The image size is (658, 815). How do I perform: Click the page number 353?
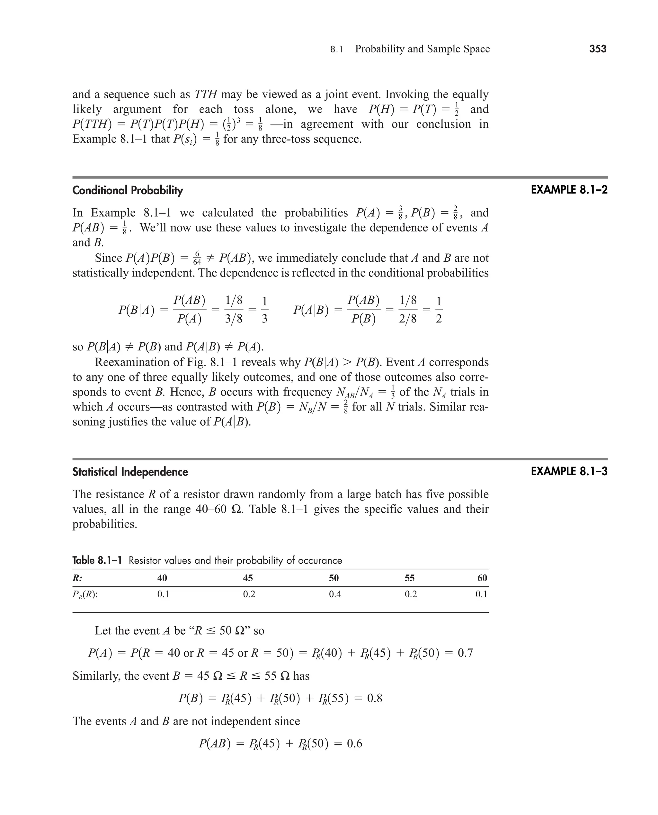coord(598,49)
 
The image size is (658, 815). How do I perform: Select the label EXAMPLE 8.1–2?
coord(569,190)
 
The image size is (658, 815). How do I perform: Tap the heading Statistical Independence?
coord(130,472)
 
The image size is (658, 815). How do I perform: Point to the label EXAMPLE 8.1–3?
coord(569,471)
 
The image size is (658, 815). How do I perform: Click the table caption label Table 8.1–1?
coord(97,560)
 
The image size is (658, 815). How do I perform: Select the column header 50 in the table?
coord(334,578)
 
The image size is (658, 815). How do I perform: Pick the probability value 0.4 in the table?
coord(335,594)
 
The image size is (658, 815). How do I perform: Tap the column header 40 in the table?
coord(162,578)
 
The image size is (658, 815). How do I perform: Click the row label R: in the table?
coord(78,578)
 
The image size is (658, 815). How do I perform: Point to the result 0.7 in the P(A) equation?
coord(465,653)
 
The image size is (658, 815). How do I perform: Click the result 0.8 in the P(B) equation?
coord(375,698)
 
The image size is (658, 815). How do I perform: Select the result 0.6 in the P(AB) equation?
coord(354,743)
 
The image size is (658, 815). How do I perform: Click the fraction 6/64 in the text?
coord(197,258)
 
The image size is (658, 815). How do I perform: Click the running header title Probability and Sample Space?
coord(422,49)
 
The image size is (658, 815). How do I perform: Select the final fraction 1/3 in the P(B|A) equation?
coord(264,310)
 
